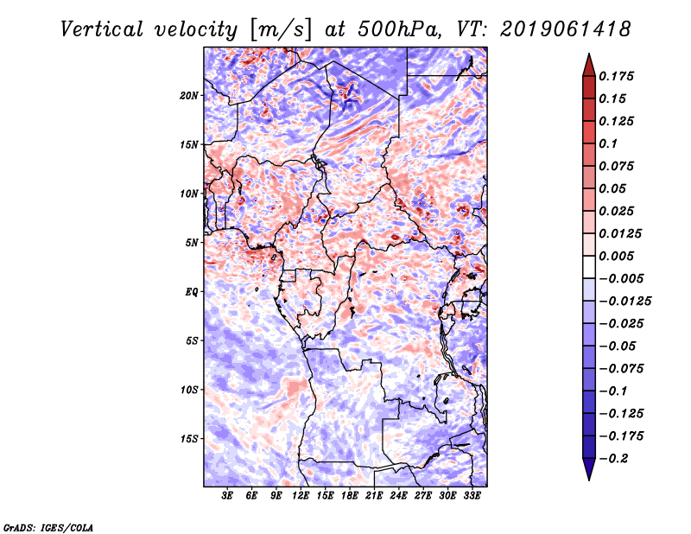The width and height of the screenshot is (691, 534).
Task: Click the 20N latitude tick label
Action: [x=189, y=95]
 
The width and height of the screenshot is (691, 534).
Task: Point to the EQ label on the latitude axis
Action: [x=192, y=292]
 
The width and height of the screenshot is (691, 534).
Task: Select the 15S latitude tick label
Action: [x=189, y=439]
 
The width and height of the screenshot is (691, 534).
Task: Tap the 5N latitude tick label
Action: [x=192, y=243]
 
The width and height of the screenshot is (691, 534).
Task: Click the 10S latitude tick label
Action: [x=189, y=390]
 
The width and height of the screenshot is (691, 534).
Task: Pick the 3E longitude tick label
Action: [x=228, y=496]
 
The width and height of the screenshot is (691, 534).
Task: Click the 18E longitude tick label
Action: [x=350, y=496]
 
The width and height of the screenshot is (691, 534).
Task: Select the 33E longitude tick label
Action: [x=472, y=496]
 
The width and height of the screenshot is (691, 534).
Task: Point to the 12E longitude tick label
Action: [x=301, y=496]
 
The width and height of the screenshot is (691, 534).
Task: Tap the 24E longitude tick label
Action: [x=399, y=496]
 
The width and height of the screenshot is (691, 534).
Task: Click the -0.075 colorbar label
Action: [x=622, y=368]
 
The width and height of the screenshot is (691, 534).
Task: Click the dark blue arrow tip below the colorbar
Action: [x=587, y=474]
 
